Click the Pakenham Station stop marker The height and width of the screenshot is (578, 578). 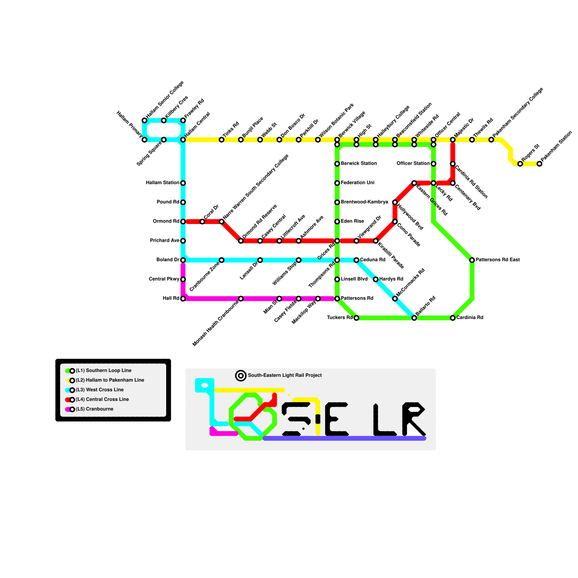point(539,164)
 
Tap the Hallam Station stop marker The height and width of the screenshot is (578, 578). point(183,183)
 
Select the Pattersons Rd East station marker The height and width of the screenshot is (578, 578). point(472,260)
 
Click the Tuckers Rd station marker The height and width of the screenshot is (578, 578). point(357,318)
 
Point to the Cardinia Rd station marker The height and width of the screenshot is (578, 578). point(453,318)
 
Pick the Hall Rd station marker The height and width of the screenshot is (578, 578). point(183,299)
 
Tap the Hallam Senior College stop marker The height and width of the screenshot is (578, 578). point(144,120)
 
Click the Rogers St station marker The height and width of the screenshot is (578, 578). point(520,164)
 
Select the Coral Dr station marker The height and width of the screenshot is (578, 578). point(202,221)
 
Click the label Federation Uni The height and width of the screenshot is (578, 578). point(357,183)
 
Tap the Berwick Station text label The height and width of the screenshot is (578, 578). point(359,164)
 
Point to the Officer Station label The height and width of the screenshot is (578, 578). point(413,164)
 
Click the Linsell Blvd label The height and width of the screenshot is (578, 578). point(354,279)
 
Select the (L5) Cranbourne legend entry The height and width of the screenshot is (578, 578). point(94,409)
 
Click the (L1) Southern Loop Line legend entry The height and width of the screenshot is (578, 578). point(103,371)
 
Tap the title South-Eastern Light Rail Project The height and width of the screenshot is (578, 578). point(285,376)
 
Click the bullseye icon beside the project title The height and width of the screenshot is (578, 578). point(241,376)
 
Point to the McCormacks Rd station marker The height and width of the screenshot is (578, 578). point(395,299)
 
